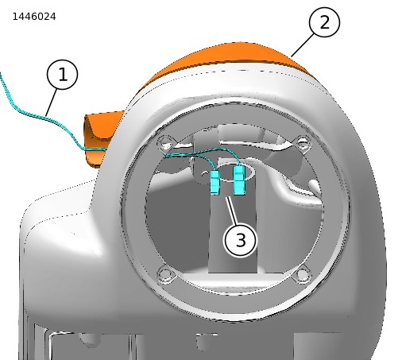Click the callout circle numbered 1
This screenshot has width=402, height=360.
click(63, 75)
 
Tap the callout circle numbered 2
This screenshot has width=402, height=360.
click(324, 22)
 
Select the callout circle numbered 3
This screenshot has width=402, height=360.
click(241, 240)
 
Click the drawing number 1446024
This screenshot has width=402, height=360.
click(34, 17)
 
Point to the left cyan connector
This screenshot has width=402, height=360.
click(215, 182)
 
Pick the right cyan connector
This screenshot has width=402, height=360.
click(239, 180)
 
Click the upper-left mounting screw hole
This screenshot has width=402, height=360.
click(166, 142)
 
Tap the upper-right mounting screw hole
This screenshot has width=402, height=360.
click(303, 143)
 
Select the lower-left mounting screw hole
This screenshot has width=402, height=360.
click(166, 274)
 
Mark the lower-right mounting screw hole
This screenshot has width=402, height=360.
click(301, 275)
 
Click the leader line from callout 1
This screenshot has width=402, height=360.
click(52, 103)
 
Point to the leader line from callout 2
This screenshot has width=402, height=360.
click(302, 46)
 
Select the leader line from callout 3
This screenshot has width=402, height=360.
click(231, 211)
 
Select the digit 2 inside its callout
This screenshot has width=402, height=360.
click(324, 22)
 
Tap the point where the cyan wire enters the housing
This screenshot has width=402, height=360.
click(106, 150)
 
